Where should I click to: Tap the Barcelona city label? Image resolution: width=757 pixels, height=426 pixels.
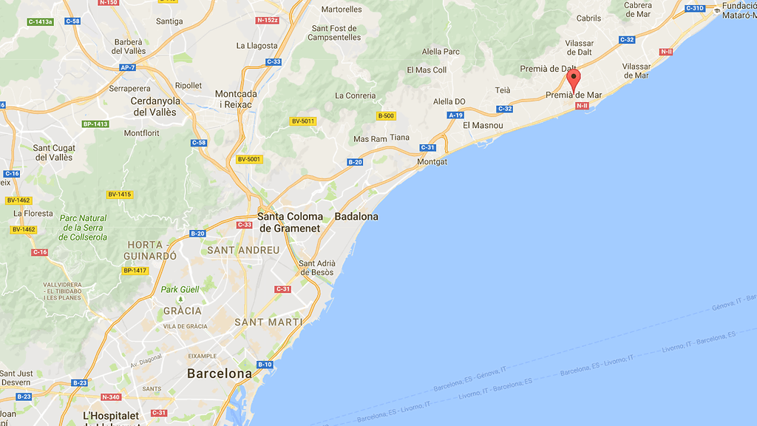[220, 373]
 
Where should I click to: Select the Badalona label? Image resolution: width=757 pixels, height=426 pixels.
[356, 217]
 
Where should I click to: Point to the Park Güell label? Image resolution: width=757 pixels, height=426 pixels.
[180, 289]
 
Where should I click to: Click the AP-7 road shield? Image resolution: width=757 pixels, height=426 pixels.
[128, 67]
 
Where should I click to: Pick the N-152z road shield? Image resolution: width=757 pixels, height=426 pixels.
[267, 20]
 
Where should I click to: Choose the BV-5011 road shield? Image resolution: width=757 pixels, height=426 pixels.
[303, 121]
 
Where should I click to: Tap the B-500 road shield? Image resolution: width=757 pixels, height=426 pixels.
[386, 116]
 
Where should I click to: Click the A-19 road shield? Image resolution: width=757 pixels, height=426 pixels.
[455, 115]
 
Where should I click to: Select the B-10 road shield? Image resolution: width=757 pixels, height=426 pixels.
[265, 365]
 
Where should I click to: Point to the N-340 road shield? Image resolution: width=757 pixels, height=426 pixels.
[112, 397]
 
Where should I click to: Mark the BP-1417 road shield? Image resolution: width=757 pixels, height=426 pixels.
[135, 271]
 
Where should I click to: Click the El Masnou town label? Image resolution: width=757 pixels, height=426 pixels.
[483, 126]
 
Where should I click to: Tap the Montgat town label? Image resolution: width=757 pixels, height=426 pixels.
[432, 161]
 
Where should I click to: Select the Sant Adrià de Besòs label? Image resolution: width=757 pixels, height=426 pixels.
[317, 268]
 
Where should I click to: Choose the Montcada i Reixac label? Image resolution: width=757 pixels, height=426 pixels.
[236, 99]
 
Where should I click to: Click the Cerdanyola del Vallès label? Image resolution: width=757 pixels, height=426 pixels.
[155, 106]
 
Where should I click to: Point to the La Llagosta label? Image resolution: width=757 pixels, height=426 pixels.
[257, 45]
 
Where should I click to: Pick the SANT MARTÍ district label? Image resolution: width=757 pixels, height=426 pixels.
[268, 322]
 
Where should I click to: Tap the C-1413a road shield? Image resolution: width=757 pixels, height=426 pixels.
[41, 21]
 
